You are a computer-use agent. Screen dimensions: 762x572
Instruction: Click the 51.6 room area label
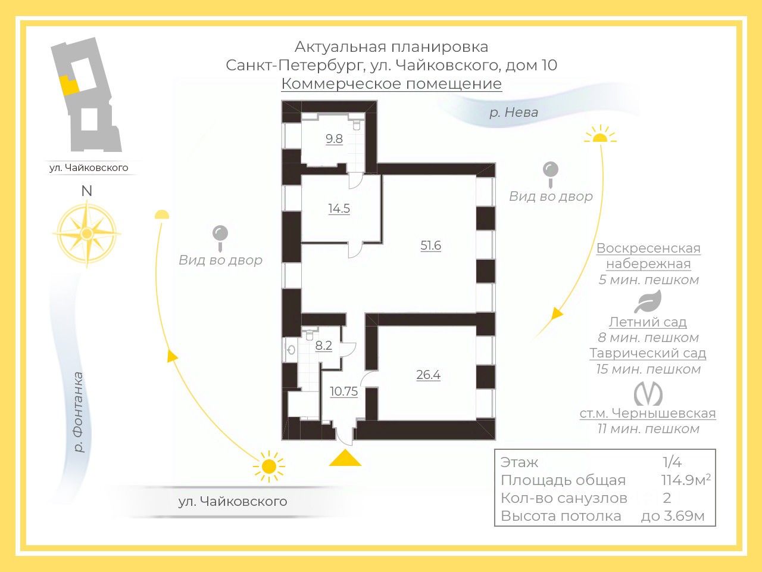point(430,245)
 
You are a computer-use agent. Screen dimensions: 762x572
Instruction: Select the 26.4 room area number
point(429,375)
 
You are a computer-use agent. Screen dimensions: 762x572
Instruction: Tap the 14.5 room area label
point(339,209)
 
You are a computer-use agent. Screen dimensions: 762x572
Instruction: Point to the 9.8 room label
point(334,139)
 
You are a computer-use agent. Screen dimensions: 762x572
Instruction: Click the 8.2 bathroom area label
point(323,346)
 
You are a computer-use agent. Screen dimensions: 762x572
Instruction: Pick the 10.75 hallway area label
point(343,391)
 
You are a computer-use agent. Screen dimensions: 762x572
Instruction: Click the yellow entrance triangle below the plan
point(345,458)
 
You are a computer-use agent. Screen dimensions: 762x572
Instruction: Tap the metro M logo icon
point(648,394)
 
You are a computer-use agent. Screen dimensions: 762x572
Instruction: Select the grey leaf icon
point(648,301)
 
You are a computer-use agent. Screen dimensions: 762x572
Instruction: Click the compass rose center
point(87,234)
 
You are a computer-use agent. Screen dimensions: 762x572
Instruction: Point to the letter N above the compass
point(86,191)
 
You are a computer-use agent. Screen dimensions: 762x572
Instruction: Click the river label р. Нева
point(514,113)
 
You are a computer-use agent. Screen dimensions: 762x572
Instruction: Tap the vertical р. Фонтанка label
point(80,412)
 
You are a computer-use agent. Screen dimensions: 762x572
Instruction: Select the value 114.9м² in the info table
point(686,480)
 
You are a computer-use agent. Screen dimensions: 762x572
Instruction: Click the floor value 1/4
point(672,462)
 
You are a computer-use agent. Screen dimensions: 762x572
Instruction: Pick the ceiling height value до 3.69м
point(673,516)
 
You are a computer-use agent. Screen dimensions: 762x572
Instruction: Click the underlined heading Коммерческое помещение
point(391,83)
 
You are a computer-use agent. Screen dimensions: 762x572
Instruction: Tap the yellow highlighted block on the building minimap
point(68,85)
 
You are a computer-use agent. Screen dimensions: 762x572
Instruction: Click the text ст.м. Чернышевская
point(648,414)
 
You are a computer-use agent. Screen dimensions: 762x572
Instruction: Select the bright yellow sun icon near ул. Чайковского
point(269,466)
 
